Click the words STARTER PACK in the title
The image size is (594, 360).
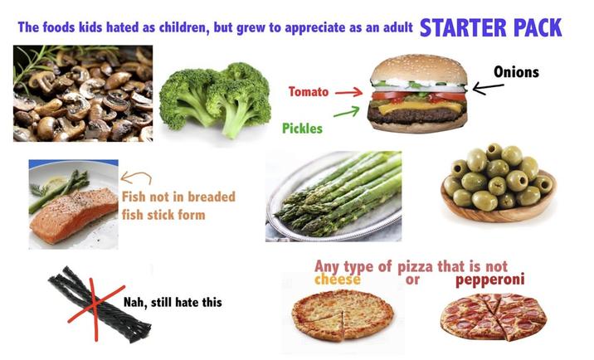pyautogui.click(x=490, y=27)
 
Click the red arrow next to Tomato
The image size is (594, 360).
pyautogui.click(x=348, y=92)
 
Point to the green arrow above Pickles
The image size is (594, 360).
pyautogui.click(x=346, y=111)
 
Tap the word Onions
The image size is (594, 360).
pyautogui.click(x=516, y=72)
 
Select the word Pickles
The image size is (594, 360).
pyautogui.click(x=302, y=129)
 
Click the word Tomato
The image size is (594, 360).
pyautogui.click(x=309, y=91)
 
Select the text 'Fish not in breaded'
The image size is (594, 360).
pyautogui.click(x=178, y=197)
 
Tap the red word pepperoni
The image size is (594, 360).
pyautogui.click(x=490, y=280)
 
